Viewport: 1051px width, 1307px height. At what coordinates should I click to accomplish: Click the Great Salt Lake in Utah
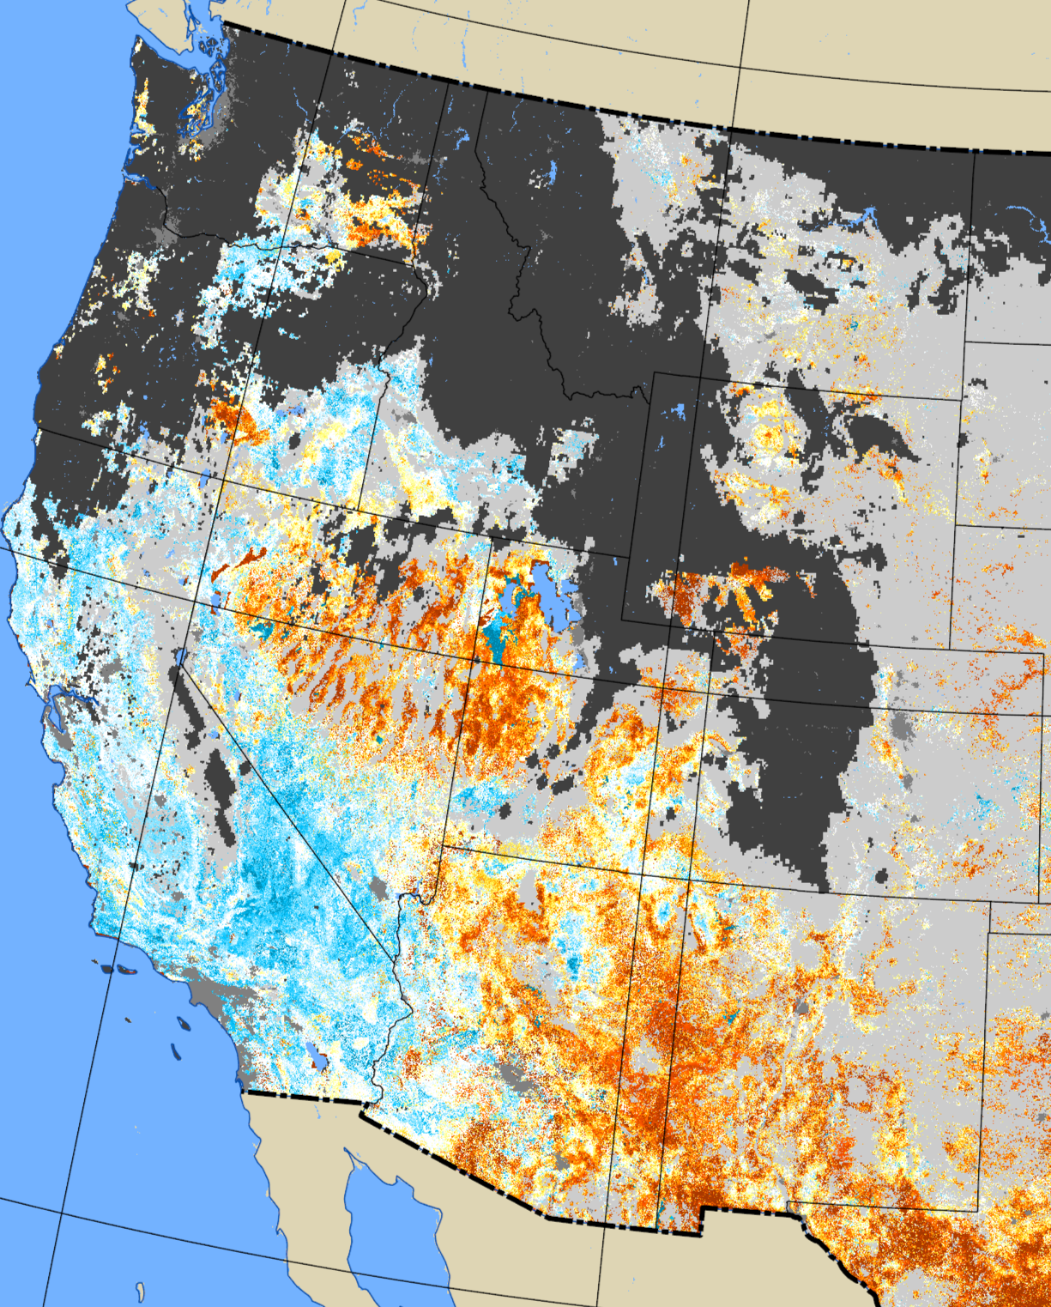(x=549, y=601)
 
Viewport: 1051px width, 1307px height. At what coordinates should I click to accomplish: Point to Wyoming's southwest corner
(x=624, y=616)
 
